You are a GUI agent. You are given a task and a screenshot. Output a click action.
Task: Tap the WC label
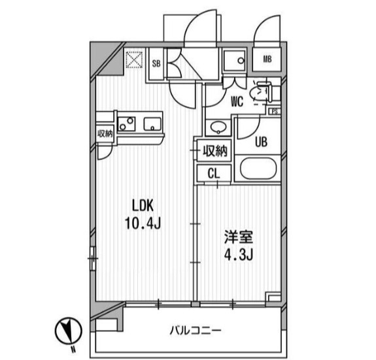[x=237, y=101]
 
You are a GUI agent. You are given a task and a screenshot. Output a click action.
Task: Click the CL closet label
[x=213, y=173]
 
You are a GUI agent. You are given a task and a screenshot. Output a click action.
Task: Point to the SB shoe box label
[x=156, y=63]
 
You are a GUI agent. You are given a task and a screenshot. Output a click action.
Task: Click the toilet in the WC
[x=264, y=92]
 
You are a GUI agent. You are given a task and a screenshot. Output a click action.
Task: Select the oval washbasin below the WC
[x=217, y=127]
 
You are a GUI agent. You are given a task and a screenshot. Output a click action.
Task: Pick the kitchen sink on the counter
[x=152, y=123]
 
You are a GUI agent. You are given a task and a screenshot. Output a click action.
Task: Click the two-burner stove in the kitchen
[x=126, y=123]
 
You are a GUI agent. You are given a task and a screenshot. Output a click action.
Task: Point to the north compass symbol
[x=69, y=330]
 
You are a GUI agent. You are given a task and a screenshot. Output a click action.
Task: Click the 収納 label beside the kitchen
[x=105, y=133]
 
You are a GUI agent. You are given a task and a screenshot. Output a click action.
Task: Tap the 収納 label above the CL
[x=214, y=152]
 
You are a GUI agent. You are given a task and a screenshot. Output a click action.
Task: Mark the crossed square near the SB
[x=135, y=61]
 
